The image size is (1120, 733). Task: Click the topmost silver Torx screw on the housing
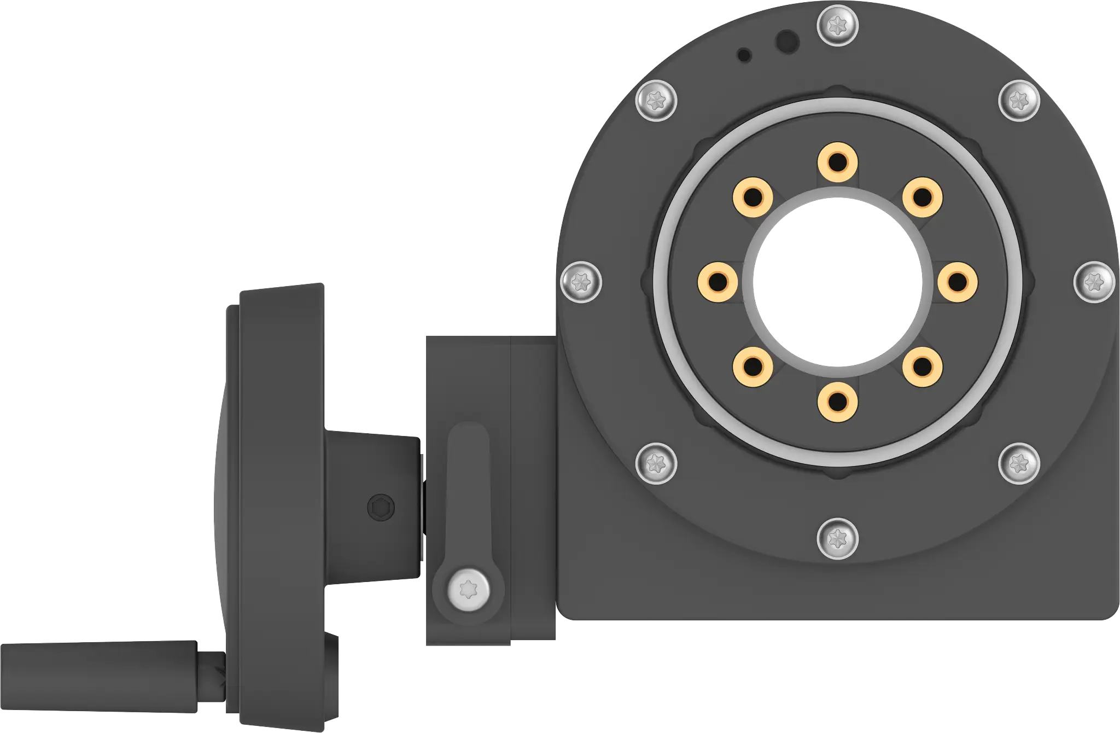(x=837, y=25)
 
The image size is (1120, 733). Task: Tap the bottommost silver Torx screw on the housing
(x=837, y=539)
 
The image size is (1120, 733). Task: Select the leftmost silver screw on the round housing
(x=581, y=282)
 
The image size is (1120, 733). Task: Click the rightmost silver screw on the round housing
(x=1093, y=282)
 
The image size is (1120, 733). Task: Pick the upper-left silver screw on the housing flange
(x=657, y=101)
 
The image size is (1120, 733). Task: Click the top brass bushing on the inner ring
(x=837, y=162)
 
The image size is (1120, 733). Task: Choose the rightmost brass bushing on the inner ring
(x=958, y=282)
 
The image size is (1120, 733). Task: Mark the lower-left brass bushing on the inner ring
(x=752, y=366)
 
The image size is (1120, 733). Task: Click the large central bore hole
(x=837, y=282)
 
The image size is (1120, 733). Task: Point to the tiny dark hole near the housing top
(x=744, y=55)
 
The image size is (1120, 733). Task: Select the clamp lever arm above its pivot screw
(x=468, y=481)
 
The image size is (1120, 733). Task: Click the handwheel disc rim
(x=282, y=492)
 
